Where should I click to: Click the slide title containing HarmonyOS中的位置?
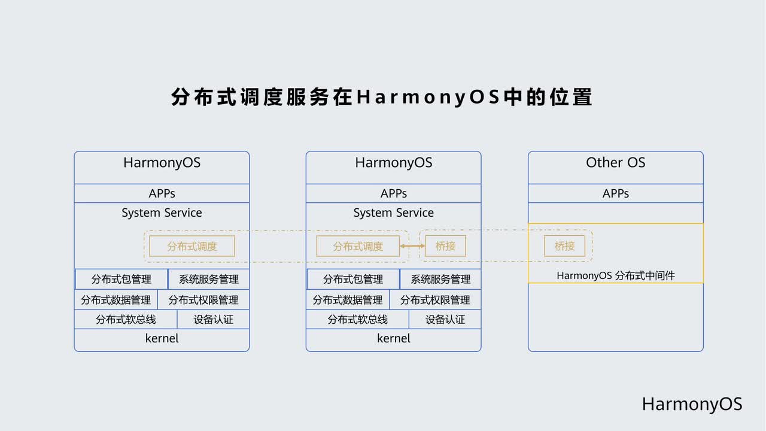[382, 97]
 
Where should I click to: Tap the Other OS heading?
[616, 162]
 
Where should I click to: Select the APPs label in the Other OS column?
[616, 193]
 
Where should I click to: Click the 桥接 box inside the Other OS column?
[564, 246]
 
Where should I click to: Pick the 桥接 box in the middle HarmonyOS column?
[445, 246]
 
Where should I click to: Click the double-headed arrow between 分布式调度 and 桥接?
[412, 246]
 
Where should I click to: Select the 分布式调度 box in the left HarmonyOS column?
[192, 246]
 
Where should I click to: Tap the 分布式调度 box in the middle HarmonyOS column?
[358, 246]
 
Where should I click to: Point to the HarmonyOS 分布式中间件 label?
[616, 275]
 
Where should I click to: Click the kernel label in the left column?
[162, 338]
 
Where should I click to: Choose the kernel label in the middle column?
[394, 338]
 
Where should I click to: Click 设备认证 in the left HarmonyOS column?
[214, 320]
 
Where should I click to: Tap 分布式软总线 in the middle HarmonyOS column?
[358, 320]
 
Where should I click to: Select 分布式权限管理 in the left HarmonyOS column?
[203, 300]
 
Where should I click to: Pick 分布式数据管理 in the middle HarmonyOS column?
[348, 300]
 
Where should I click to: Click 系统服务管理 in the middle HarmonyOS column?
[440, 279]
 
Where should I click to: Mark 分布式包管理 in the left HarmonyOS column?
[121, 279]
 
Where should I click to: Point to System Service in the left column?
[162, 213]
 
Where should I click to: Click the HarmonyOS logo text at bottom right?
[692, 404]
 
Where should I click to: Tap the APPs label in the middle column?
[394, 193]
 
